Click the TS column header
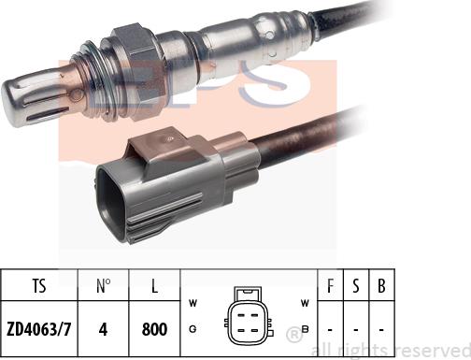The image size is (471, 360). coord(38,283)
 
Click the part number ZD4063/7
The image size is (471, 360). coord(38,328)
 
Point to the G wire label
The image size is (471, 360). coord(193,329)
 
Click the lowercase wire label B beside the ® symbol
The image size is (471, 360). coord(305,329)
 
